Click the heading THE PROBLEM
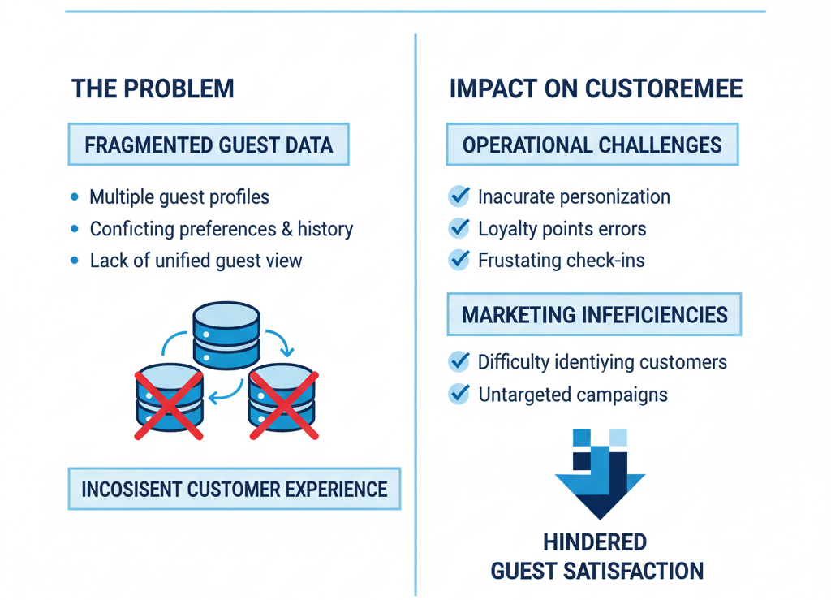tap(153, 88)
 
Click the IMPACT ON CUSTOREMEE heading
tap(596, 88)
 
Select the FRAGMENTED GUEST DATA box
tap(209, 145)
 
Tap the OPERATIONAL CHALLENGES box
tap(592, 145)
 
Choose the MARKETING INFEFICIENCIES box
tap(594, 315)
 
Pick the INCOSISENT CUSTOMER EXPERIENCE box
tap(234, 490)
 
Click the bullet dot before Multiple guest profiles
tap(75, 196)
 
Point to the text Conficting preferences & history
tap(221, 229)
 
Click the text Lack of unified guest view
tap(196, 261)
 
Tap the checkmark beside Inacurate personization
tap(459, 196)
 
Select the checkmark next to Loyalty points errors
tap(459, 228)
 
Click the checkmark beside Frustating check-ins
tap(459, 260)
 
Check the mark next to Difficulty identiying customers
tap(459, 362)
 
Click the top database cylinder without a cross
tap(226, 333)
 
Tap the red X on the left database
tap(168, 404)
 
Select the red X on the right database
tap(283, 404)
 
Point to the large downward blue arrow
tap(600, 479)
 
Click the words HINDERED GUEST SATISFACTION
tap(596, 557)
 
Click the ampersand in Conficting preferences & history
tap(286, 229)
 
